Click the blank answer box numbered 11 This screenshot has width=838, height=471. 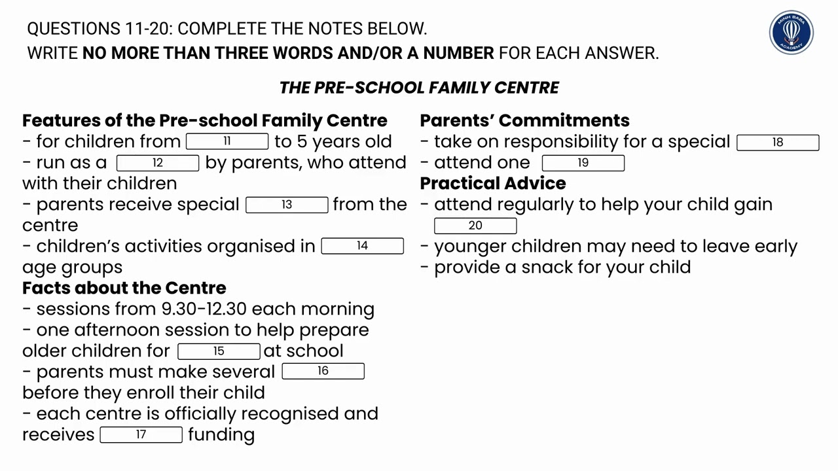[227, 141]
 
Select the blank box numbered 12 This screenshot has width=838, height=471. [157, 163]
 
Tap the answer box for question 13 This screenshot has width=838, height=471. [287, 205]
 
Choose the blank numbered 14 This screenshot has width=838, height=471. [362, 246]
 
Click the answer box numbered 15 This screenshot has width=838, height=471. [219, 351]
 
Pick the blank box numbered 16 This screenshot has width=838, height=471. [323, 372]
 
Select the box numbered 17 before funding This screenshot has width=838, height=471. [141, 434]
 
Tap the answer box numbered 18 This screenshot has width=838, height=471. [777, 142]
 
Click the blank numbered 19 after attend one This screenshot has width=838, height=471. [583, 163]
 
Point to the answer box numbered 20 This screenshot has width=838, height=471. [475, 226]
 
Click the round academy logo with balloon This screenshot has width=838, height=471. [791, 32]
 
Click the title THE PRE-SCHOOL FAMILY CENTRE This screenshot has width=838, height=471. [419, 88]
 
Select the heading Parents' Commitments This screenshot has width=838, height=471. [524, 120]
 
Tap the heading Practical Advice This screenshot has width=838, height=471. [492, 183]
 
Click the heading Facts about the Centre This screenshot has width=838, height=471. [124, 288]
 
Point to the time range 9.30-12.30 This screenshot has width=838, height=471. [204, 309]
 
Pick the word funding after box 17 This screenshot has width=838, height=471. [221, 435]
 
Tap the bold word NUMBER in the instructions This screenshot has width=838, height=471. [458, 53]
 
